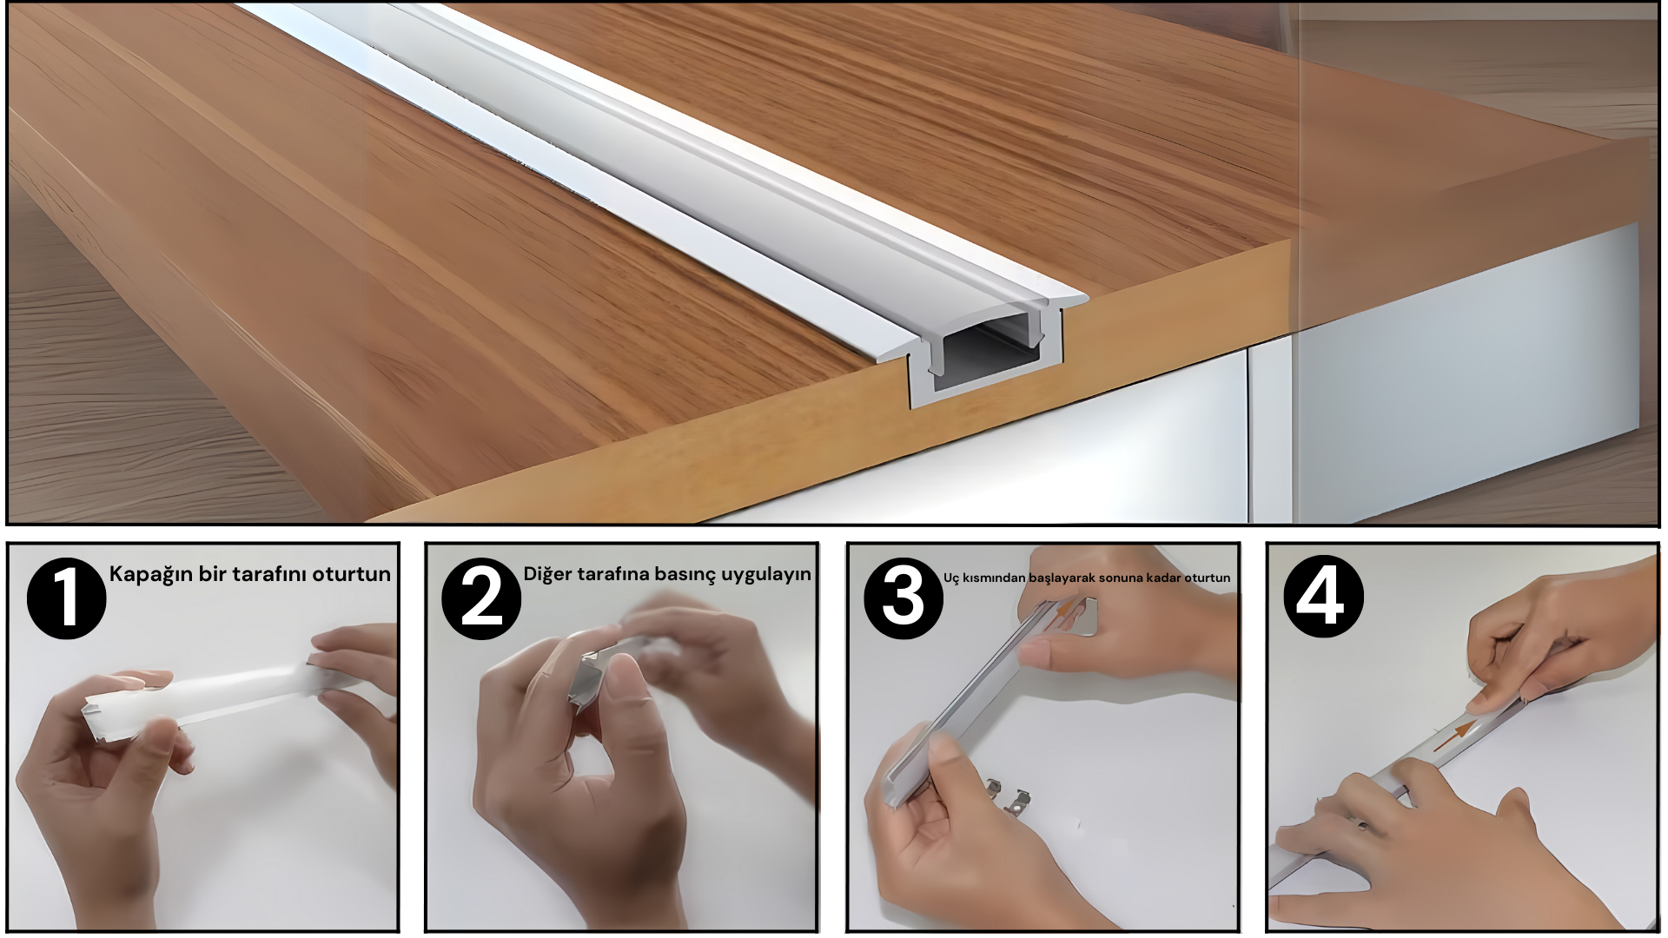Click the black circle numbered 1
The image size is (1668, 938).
66,598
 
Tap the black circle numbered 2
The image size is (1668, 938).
481,598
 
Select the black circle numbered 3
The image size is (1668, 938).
903,598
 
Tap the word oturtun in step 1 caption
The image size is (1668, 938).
352,575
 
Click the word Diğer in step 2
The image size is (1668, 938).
548,575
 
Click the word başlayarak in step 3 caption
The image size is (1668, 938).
1062,578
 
